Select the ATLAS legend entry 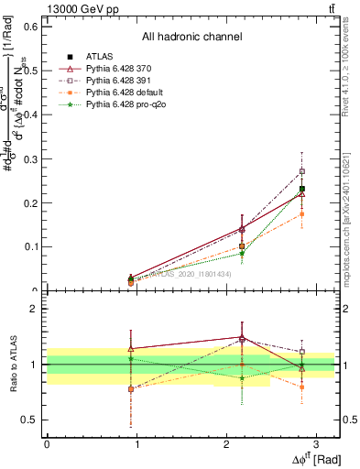(99, 57)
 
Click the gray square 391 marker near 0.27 (302, 171)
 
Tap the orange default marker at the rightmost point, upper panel (302, 214)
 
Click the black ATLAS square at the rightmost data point (302, 189)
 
